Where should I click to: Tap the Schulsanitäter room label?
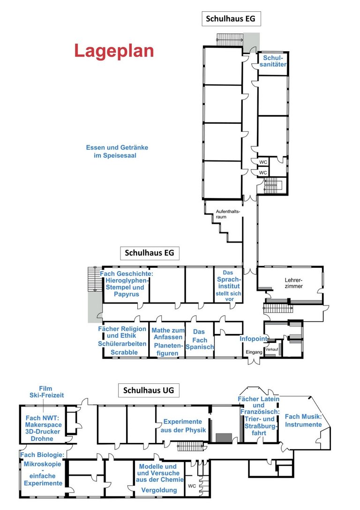[273, 61]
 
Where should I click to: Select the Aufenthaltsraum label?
[228, 214]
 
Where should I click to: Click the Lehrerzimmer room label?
[294, 283]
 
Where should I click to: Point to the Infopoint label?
[254, 339]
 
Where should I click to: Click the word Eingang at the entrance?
[254, 352]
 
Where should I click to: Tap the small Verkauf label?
[272, 350]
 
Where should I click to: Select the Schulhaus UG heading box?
[149, 390]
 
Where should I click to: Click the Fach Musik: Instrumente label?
[303, 420]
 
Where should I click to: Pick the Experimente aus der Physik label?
[183, 426]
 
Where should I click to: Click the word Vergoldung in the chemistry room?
[159, 490]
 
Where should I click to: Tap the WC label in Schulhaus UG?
[192, 486]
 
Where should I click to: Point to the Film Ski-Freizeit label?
[46, 392]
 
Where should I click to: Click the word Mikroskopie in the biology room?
[42, 464]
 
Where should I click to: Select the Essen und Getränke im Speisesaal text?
[117, 151]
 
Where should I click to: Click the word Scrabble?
[124, 352]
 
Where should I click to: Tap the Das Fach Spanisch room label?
[200, 339]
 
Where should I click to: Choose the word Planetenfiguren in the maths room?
[168, 350]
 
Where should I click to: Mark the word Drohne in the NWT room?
[42, 438]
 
